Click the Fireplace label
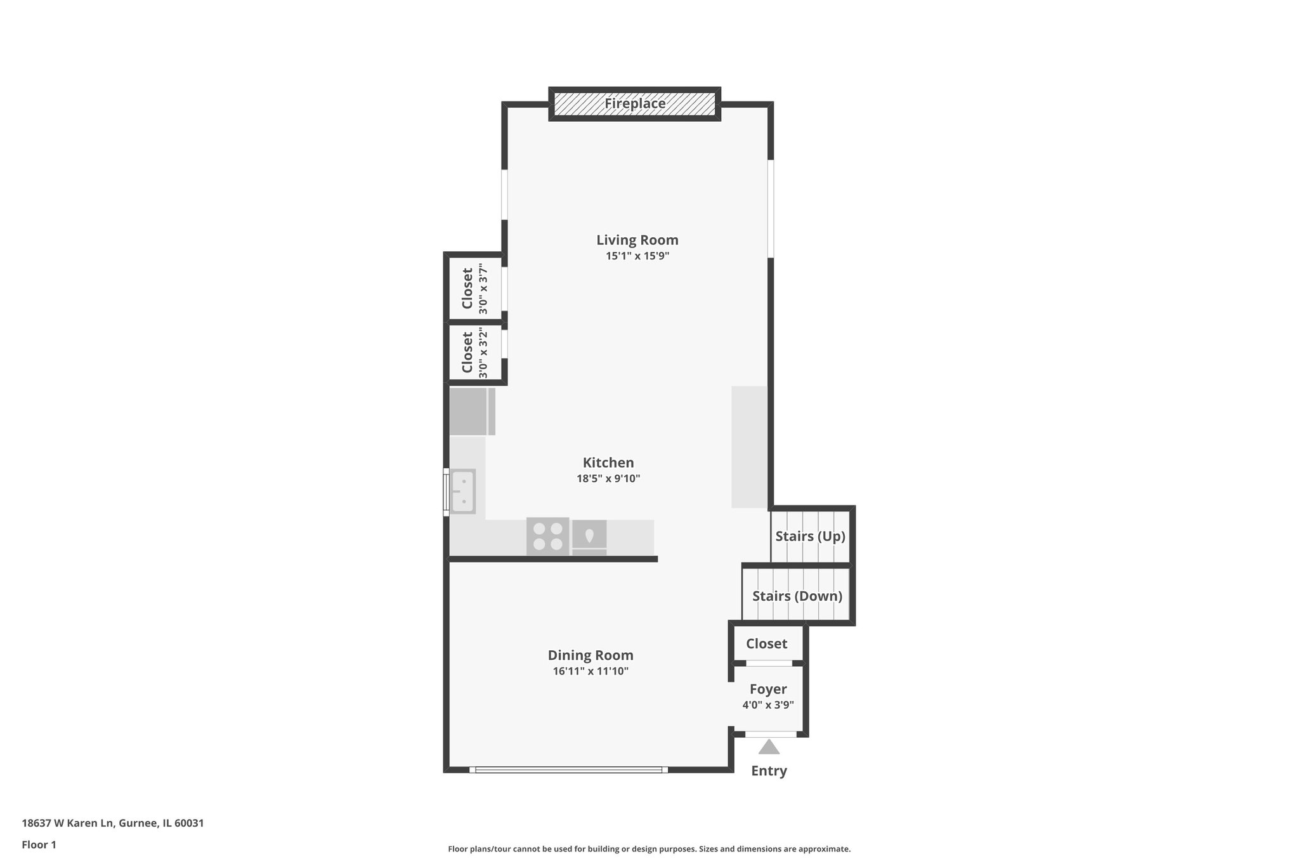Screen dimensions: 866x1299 tap(634, 103)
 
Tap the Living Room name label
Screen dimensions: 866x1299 tap(637, 240)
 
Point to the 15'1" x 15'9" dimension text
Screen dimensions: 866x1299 tap(637, 256)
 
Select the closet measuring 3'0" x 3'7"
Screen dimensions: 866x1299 tap(474, 289)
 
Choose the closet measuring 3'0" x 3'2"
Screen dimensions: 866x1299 tap(474, 353)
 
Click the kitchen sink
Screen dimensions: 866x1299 tap(462, 491)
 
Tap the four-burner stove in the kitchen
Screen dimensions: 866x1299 tap(547, 536)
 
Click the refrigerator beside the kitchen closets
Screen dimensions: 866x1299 tap(471, 412)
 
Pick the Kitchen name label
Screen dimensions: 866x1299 tap(608, 463)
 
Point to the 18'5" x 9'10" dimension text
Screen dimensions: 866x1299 tap(608, 479)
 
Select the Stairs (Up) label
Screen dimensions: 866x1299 tap(810, 536)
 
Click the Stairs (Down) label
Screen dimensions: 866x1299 tap(797, 596)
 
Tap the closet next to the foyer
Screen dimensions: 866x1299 tap(766, 643)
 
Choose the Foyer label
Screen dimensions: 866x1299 tap(767, 689)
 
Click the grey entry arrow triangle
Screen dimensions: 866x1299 tap(769, 747)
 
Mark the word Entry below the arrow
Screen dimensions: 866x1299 tap(769, 771)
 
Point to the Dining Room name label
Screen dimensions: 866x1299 tap(590, 655)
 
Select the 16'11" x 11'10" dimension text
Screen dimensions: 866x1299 tap(590, 671)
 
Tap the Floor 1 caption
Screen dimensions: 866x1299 tap(39, 844)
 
